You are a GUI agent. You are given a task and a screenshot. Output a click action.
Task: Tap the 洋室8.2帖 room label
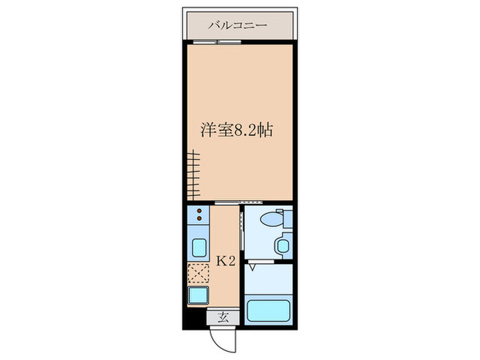[x=237, y=130]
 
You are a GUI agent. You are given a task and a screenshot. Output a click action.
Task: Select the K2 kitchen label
[x=227, y=261]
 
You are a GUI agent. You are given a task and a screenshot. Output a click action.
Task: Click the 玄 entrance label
[x=224, y=317]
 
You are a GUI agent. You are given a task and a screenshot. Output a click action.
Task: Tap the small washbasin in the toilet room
[x=282, y=244]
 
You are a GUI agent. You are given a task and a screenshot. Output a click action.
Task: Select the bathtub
[x=268, y=309]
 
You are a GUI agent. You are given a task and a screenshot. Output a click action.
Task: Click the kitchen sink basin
[x=199, y=247]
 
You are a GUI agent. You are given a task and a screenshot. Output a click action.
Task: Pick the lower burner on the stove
[x=198, y=220]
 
